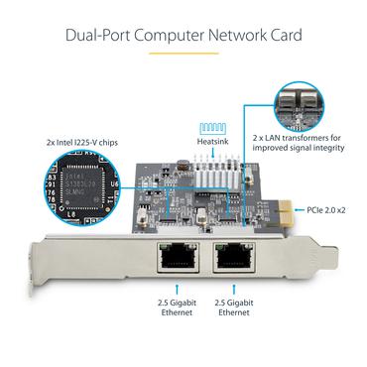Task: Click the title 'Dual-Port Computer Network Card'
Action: coord(183,36)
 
